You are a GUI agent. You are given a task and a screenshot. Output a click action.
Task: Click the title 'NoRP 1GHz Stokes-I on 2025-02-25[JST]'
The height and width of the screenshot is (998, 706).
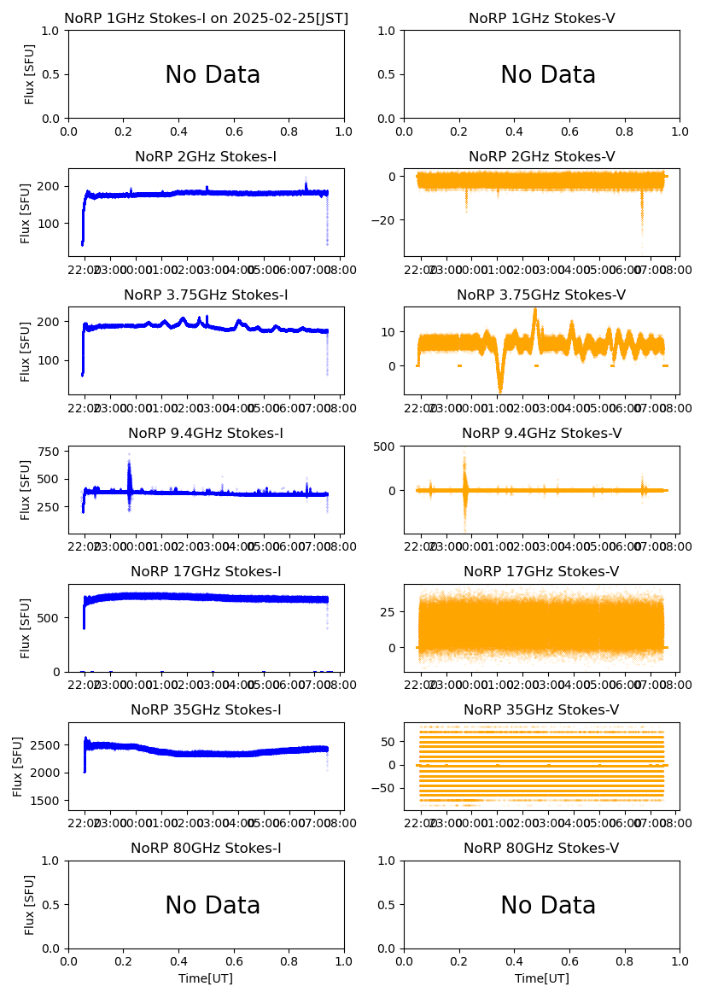206,18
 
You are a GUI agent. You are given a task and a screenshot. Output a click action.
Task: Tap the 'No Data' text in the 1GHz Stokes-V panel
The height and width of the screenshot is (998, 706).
547,75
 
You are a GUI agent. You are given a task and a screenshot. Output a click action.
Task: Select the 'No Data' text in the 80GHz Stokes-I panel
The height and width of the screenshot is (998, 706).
212,905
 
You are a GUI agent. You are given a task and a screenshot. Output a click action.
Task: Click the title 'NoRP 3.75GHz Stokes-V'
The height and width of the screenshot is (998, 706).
541,295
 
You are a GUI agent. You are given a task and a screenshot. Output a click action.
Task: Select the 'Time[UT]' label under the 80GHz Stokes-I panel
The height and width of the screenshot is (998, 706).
206,978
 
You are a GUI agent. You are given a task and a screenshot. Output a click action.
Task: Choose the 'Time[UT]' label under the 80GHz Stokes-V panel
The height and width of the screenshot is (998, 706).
541,978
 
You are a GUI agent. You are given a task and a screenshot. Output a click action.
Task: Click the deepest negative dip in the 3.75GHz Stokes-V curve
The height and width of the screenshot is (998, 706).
500,389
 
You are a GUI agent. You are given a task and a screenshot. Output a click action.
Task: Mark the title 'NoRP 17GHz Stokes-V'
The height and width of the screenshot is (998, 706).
541,571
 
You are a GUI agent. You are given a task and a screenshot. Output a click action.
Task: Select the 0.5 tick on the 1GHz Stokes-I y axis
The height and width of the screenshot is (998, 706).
53,74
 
